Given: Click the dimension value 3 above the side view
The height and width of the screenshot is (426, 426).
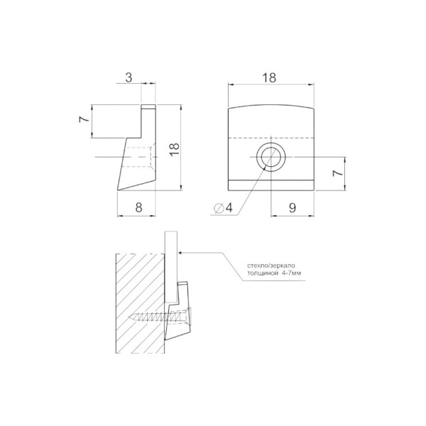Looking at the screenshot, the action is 129,77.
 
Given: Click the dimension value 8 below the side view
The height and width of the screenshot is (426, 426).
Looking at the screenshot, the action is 138,208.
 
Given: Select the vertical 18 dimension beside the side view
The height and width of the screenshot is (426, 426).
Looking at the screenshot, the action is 175,149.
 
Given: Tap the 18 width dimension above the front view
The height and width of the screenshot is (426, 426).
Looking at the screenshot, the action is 269,77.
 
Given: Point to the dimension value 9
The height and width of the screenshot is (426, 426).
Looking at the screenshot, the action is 293,208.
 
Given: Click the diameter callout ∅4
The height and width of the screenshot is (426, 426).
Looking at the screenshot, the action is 224,208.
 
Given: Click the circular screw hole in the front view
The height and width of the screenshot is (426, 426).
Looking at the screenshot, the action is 271,157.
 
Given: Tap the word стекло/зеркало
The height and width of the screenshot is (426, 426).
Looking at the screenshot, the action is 271,266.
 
